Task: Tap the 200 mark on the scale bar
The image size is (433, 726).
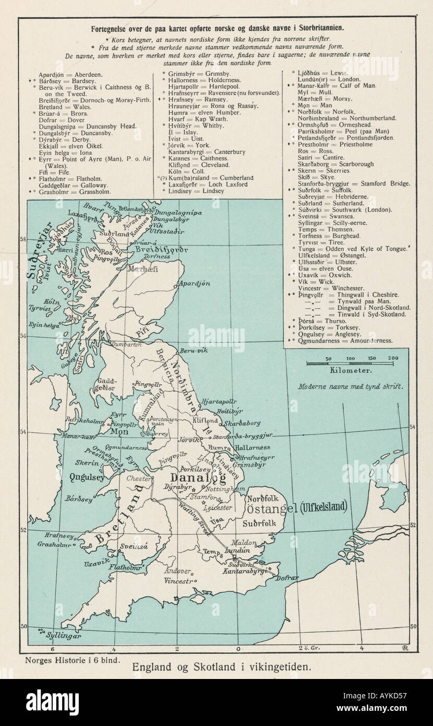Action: [393, 358]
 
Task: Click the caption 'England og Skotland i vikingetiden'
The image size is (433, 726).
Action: [222, 666]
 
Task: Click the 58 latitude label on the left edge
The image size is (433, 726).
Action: [22, 239]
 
